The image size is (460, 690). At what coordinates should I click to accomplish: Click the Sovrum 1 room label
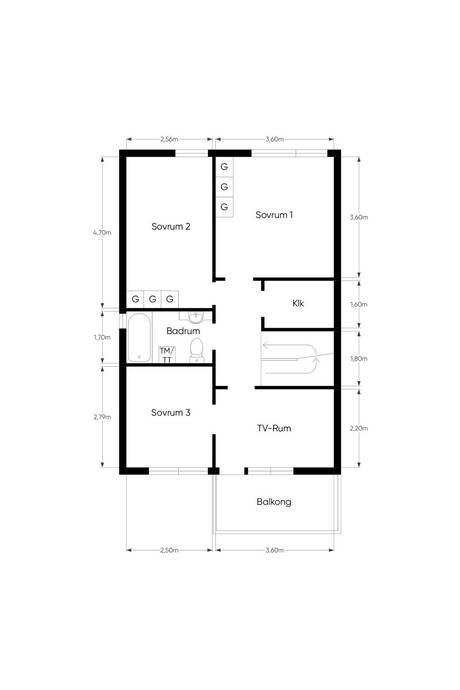click(274, 215)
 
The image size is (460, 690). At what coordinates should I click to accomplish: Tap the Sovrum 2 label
click(171, 227)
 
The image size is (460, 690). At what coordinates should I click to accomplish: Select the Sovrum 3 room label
click(171, 413)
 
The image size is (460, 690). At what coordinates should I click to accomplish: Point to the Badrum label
click(183, 331)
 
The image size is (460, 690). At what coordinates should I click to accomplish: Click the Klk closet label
click(298, 304)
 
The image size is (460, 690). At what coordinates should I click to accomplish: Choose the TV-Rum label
click(274, 428)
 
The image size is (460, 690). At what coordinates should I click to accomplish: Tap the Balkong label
click(274, 502)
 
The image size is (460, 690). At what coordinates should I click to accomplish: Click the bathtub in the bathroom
click(139, 338)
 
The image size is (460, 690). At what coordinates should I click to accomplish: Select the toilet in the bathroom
click(196, 350)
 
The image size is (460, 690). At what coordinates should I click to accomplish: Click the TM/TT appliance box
click(167, 354)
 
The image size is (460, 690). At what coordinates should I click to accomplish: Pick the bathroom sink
click(194, 316)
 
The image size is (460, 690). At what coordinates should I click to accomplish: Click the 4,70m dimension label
click(102, 232)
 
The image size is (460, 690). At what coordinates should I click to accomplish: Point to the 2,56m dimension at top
click(169, 139)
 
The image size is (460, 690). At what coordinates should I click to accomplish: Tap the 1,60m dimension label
click(359, 305)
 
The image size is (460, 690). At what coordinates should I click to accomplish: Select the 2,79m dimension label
click(102, 417)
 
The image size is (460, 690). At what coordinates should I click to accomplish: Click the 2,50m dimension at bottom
click(169, 550)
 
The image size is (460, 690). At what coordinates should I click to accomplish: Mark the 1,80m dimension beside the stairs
click(359, 359)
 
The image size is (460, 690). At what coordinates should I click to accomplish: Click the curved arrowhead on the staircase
click(315, 362)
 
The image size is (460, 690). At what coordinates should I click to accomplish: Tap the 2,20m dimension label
click(359, 428)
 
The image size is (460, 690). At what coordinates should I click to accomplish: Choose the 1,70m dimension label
click(102, 338)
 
